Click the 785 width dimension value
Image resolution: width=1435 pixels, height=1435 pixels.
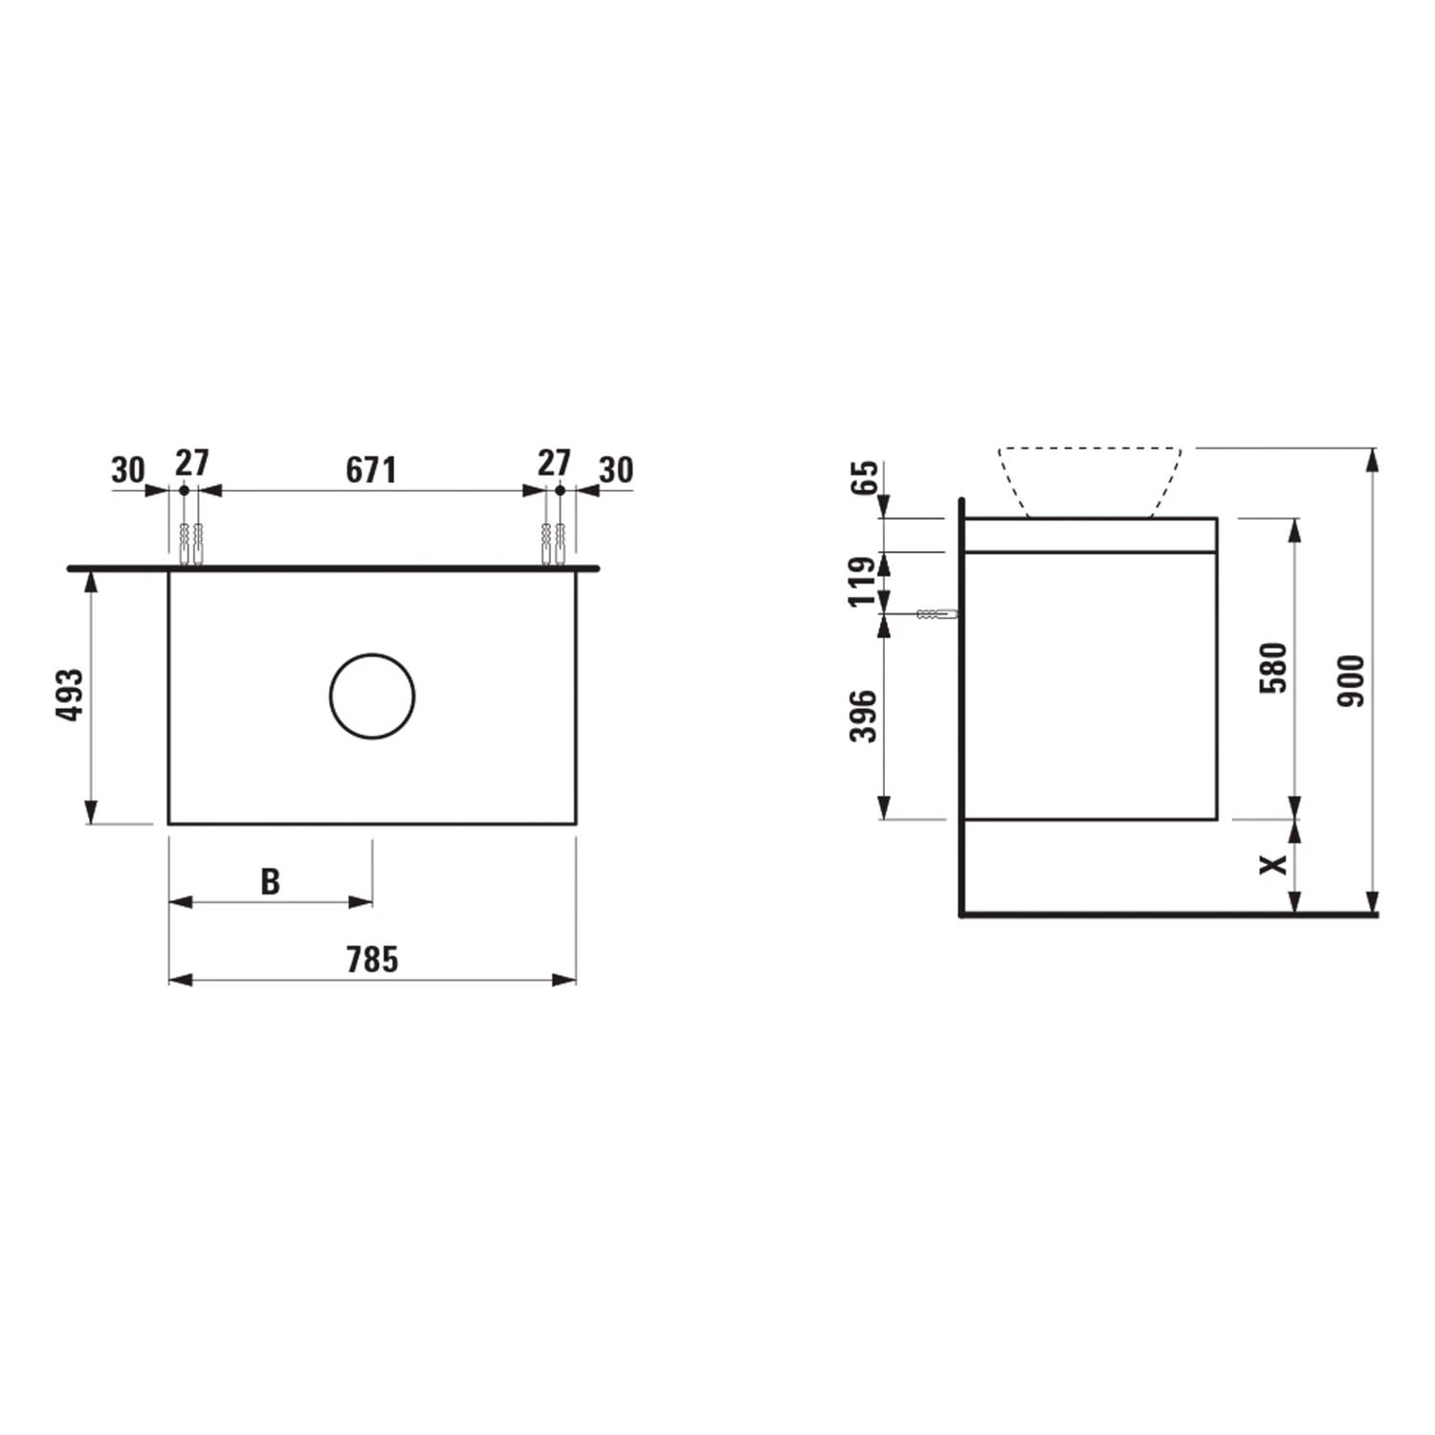click(371, 960)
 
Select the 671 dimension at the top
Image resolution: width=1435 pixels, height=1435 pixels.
click(370, 470)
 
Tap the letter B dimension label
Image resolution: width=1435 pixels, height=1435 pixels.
click(271, 881)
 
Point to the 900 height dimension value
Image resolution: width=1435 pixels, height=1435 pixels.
click(1351, 681)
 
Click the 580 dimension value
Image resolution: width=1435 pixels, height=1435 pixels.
click(1274, 669)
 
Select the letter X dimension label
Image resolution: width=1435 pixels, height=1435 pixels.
click(1273, 864)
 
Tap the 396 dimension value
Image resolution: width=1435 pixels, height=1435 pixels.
click(863, 716)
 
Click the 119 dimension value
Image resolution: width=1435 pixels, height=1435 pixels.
click(863, 581)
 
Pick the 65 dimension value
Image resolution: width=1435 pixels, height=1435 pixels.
click(864, 476)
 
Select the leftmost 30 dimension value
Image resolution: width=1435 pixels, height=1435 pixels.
click(128, 470)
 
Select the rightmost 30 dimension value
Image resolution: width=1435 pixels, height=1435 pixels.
click(616, 470)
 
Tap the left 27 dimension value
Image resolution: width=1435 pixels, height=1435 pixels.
click(191, 463)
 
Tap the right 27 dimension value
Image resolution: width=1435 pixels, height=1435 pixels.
click(554, 463)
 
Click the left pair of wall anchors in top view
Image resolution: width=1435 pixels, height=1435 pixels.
click(190, 543)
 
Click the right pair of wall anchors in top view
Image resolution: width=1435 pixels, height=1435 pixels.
click(553, 543)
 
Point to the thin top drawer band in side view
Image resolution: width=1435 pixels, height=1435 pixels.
click(1090, 536)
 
